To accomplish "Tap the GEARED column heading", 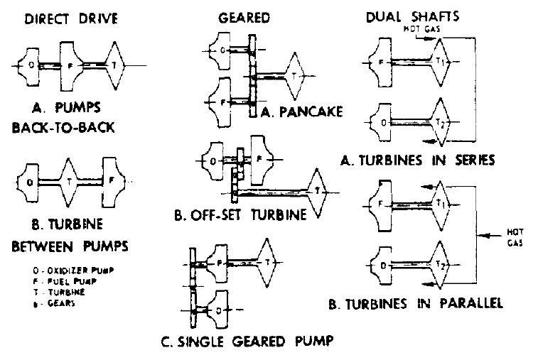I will (x=239, y=20).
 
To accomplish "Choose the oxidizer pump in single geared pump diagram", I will (x=218, y=310).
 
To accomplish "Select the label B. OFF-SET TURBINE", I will (x=242, y=214).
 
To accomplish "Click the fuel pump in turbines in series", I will (x=382, y=62).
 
